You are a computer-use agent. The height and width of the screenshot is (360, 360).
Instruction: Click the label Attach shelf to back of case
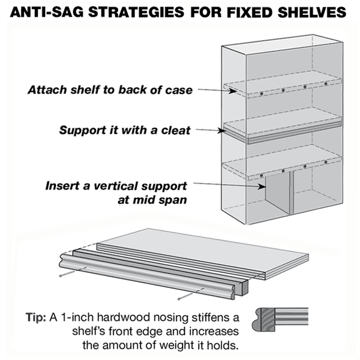[x=110, y=91]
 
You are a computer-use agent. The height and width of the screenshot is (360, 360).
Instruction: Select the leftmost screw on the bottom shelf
[x=262, y=175]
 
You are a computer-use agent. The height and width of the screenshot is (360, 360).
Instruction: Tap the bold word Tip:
[x=38, y=316]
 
